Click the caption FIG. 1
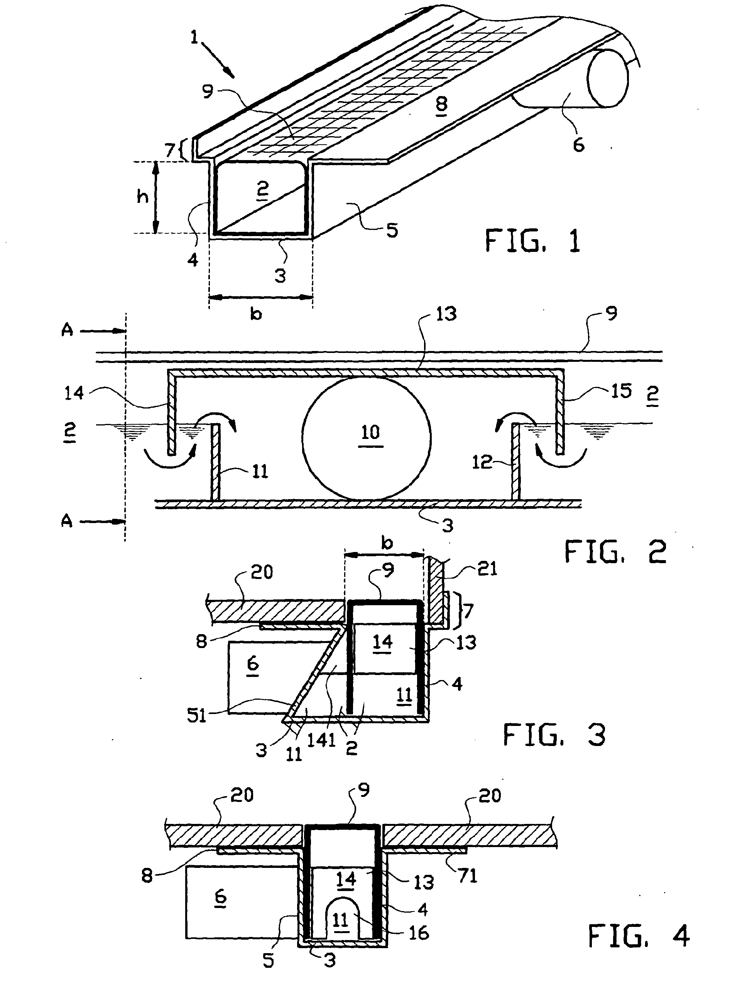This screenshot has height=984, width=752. (533, 241)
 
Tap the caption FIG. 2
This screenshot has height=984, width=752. (615, 552)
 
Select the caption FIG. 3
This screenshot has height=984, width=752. (554, 735)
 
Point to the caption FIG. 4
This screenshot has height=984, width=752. (638, 936)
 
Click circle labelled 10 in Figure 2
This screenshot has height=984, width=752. (366, 438)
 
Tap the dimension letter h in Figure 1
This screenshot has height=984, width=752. (142, 196)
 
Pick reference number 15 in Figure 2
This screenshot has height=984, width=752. (621, 391)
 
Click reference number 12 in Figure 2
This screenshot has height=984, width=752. (482, 462)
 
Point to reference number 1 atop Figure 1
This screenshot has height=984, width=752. (194, 37)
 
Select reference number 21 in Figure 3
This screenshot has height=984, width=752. (487, 569)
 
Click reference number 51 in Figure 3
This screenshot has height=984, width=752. (196, 716)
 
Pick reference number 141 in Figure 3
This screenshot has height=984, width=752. (321, 740)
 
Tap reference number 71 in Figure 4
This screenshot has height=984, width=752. (468, 875)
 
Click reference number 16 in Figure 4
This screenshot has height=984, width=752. (419, 933)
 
